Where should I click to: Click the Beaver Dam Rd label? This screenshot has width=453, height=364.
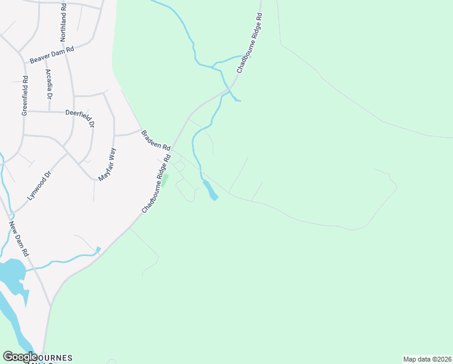pos(51,55)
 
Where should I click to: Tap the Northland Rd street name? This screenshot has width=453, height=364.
pos(63,22)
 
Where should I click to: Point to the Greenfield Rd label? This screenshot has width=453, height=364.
pos(25,96)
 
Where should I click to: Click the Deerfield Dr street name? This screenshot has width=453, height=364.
pos(81,116)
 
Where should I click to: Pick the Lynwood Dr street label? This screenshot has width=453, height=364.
pos(37,187)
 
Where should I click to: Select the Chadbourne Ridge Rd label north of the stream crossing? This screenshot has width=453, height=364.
pos(249,43)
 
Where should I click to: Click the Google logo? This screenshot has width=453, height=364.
pos(20,357)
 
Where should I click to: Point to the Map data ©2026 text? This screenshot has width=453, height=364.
pos(427,359)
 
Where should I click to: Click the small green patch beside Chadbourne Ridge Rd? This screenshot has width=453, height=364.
pos(165,181)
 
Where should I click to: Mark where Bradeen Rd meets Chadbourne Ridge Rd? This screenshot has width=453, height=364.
pos(171,149)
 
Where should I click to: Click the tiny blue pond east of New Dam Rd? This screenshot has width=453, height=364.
pos(98,249)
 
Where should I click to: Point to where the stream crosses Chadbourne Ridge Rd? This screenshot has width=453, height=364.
pos(229,89)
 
